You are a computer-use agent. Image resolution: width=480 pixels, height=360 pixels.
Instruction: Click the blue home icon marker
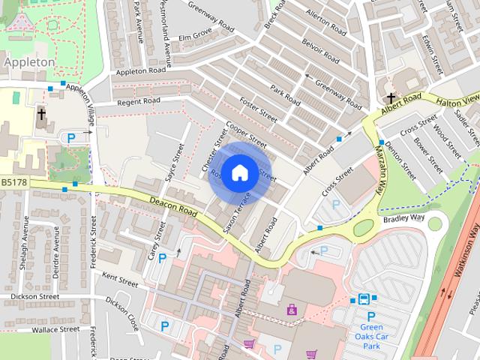(x=238, y=173)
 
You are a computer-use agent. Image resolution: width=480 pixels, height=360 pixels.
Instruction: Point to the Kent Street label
(x=120, y=282)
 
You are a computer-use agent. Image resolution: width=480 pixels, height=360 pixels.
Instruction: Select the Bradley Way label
(x=403, y=218)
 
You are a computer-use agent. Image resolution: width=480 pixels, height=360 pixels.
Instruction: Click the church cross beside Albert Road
(x=391, y=98)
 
